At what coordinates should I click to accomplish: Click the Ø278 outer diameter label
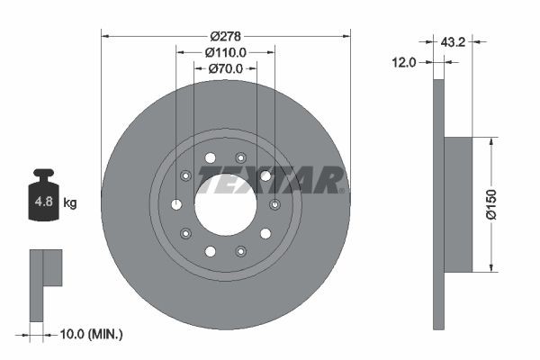[x=225, y=36]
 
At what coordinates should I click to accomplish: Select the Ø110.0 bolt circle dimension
[x=225, y=53]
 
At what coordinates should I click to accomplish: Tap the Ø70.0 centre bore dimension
[x=225, y=68]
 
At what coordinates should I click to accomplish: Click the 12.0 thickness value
[x=404, y=62]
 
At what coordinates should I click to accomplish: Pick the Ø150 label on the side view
[x=491, y=204]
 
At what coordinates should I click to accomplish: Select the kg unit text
[x=70, y=203]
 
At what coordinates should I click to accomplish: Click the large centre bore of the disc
[x=225, y=204]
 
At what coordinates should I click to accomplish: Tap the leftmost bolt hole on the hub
[x=176, y=204]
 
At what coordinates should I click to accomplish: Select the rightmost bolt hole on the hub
[x=274, y=204]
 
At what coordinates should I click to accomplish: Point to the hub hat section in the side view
[x=458, y=204]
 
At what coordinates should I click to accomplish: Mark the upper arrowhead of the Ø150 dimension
[x=491, y=142]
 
